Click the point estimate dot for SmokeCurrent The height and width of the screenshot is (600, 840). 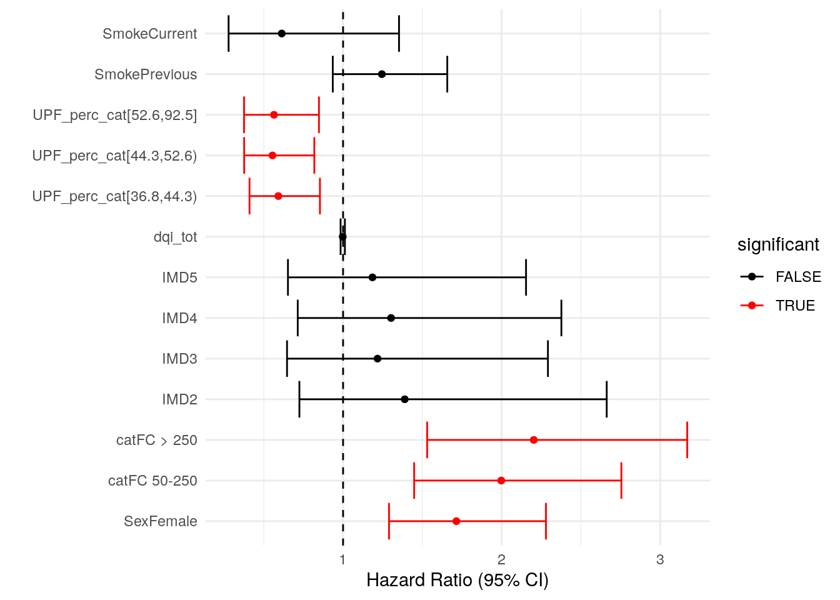tap(282, 34)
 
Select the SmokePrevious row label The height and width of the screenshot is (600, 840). tap(146, 74)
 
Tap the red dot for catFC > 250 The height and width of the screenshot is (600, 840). tap(534, 440)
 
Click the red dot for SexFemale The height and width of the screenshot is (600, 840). tap(456, 521)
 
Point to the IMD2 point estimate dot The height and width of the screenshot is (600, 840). tap(404, 399)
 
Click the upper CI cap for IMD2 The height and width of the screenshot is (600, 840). tap(606, 399)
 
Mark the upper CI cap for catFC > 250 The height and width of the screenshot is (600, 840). tap(687, 440)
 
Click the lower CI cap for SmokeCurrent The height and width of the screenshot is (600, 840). tap(229, 34)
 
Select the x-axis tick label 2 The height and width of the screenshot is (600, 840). tap(501, 559)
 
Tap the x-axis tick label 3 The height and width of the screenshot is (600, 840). tap(660, 559)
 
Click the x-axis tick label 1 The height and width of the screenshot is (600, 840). tap(342, 559)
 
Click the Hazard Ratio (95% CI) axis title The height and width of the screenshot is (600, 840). tap(457, 581)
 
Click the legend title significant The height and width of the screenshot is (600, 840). tap(778, 245)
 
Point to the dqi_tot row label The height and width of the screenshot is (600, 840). tap(175, 237)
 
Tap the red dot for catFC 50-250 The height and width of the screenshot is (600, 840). tap(501, 481)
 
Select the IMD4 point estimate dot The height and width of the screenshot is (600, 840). tap(391, 318)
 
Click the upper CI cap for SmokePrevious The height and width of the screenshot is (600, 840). tap(447, 74)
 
